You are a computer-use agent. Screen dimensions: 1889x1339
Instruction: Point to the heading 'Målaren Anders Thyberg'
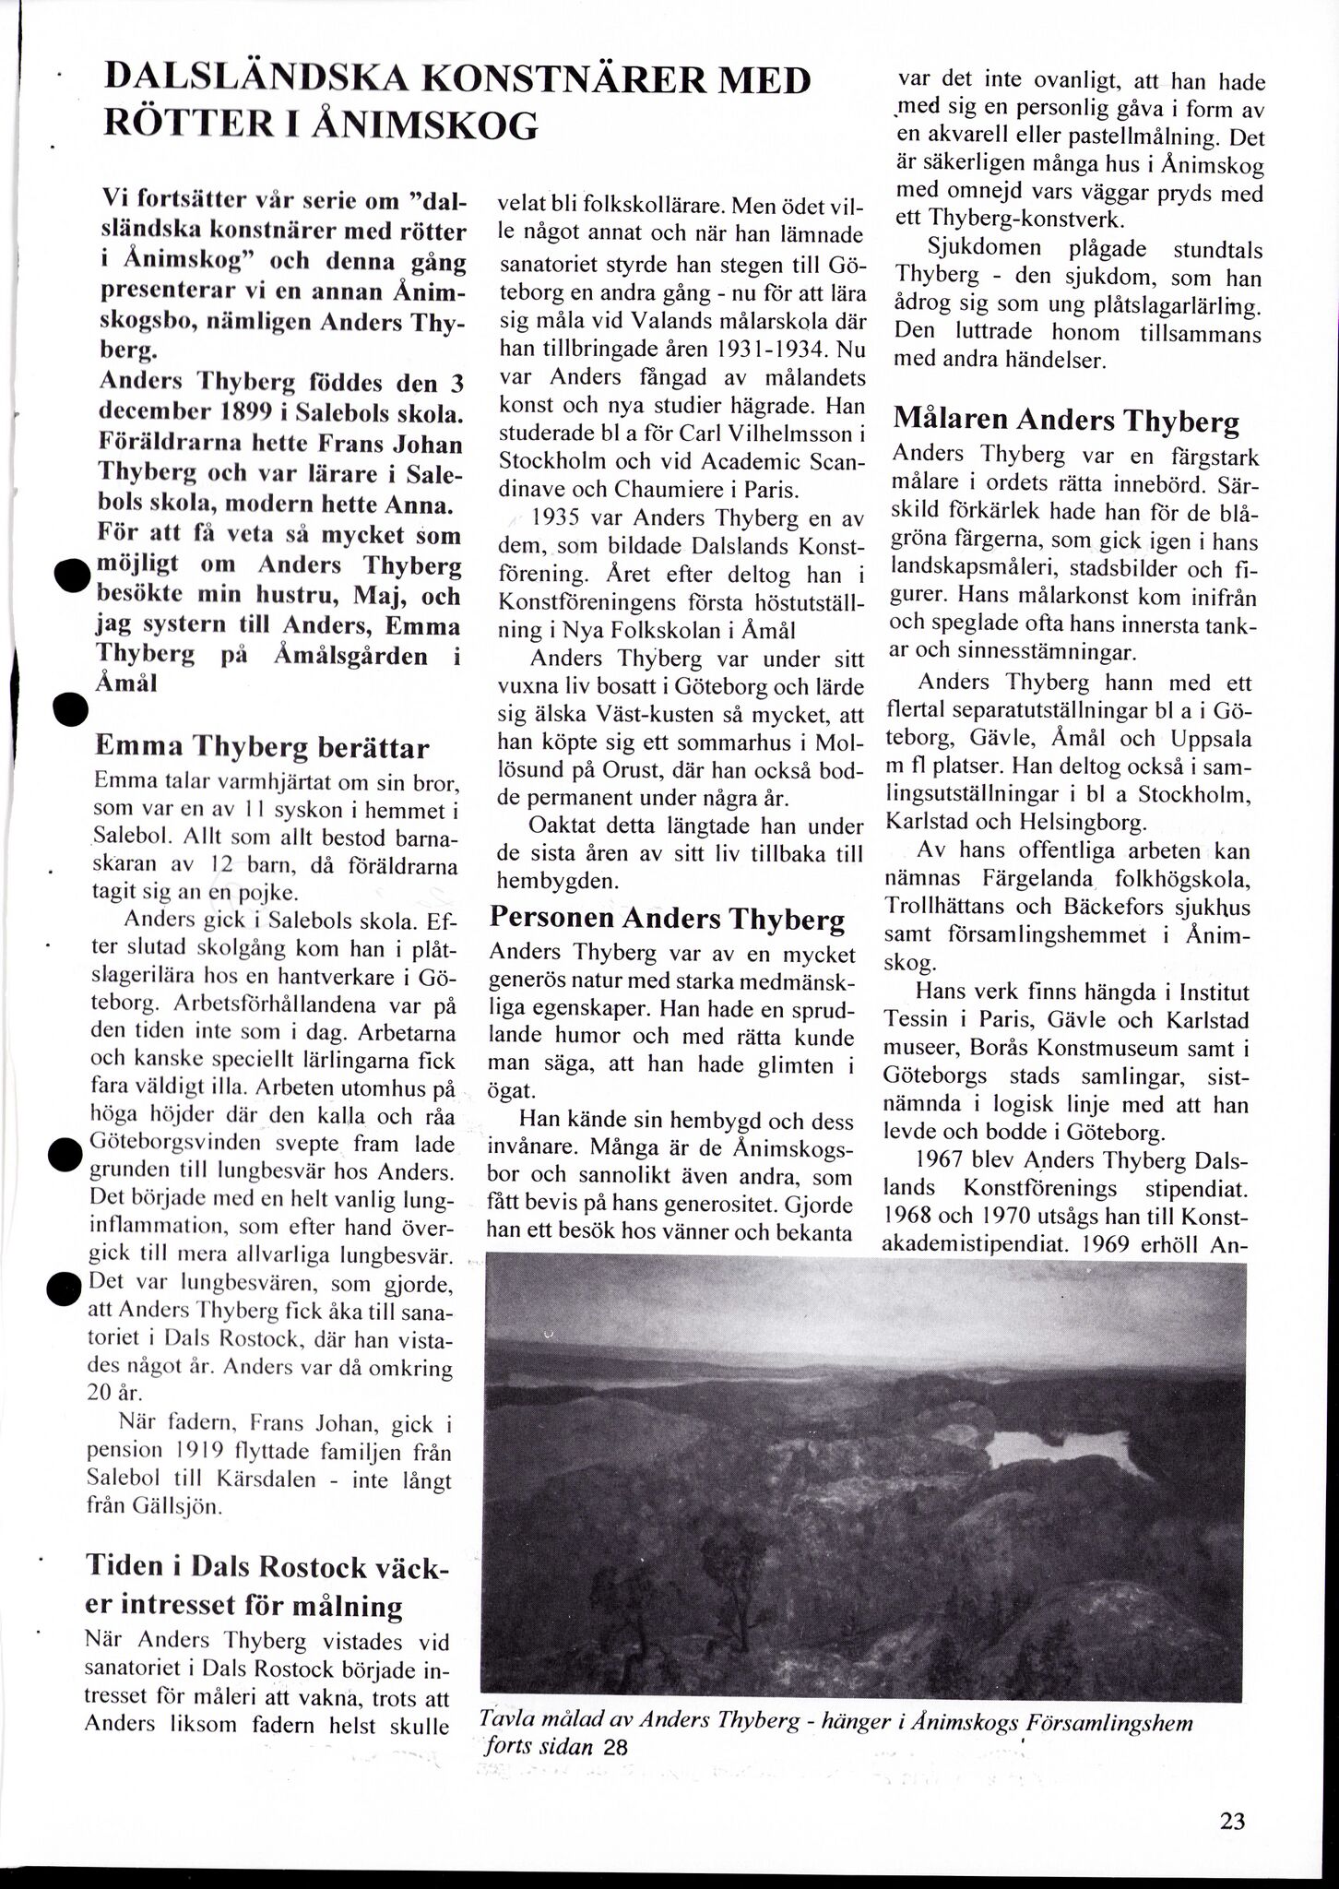point(1067,421)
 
